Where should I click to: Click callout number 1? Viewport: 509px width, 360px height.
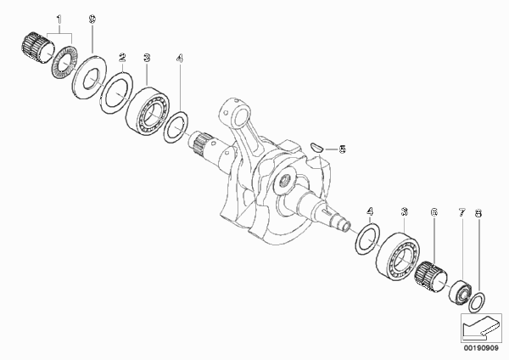pos(59,20)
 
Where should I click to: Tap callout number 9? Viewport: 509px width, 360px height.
pos(92,20)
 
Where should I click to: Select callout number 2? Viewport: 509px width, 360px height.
pos(122,58)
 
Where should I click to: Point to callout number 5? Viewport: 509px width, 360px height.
pos(342,149)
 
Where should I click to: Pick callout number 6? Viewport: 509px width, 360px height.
pos(433,212)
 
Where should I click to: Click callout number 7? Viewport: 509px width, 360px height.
pos(462,213)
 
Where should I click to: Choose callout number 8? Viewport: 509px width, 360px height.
pos(478,213)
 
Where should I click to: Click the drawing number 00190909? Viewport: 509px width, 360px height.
pos(481,348)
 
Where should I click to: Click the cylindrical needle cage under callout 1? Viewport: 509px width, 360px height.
pos(38,48)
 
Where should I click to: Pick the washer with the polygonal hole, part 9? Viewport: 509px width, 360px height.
pos(89,77)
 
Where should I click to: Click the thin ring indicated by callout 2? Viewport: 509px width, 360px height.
pos(116,93)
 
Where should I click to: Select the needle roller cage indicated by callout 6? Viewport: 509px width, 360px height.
pos(430,275)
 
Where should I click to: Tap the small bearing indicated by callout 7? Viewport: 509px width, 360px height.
pos(460,291)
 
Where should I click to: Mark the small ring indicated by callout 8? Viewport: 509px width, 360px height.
pos(478,302)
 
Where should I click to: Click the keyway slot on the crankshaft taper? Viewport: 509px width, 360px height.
pos(327,212)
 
